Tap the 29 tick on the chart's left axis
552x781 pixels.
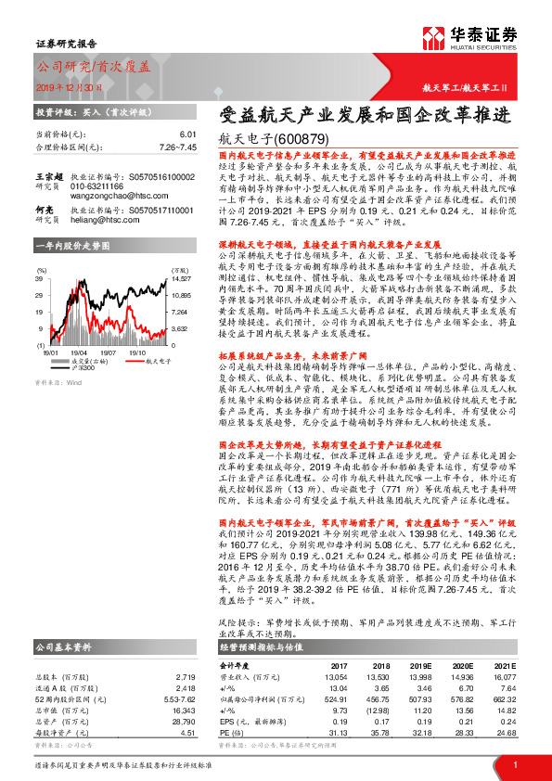pos(40,295)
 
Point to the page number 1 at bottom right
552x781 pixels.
pos(514,764)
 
